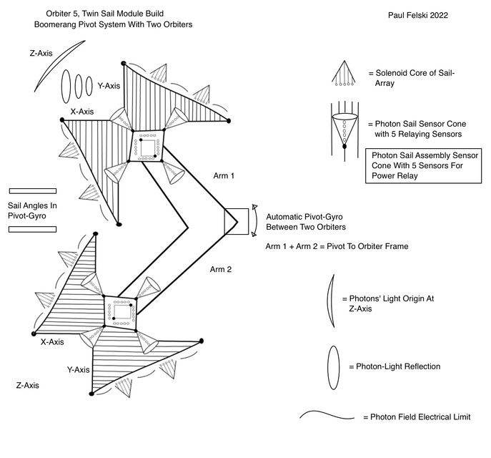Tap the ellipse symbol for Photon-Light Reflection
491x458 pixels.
pos(333,366)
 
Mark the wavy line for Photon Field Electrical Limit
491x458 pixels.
pos(328,416)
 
